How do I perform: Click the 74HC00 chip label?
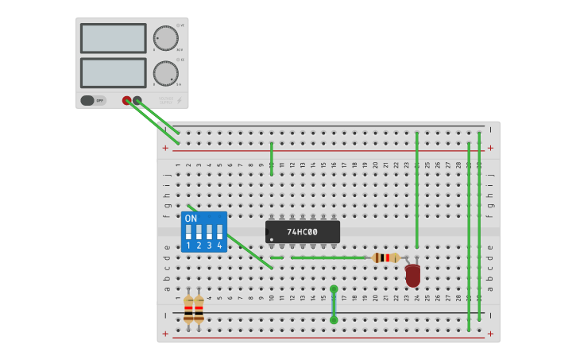[x=302, y=232]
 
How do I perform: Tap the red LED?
[x=412, y=275]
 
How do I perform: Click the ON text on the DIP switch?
[x=191, y=219]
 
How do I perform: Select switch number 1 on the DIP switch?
[x=188, y=232]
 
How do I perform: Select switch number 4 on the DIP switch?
[x=219, y=232]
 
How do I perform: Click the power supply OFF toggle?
[x=93, y=100]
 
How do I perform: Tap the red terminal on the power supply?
[x=126, y=100]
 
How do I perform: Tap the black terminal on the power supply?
[x=137, y=100]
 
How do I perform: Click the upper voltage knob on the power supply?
[x=165, y=38]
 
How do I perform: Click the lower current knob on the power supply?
[x=165, y=73]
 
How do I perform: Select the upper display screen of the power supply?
[x=113, y=38]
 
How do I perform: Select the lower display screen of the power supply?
[x=113, y=72]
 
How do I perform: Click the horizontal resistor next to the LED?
[x=385, y=257]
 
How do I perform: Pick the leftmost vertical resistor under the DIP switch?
[x=188, y=308]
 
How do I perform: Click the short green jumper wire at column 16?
[x=334, y=304]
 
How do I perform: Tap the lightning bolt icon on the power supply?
[x=179, y=101]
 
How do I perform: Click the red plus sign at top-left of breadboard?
[x=165, y=148]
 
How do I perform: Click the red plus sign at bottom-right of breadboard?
[x=490, y=334]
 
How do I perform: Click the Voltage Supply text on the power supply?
[x=164, y=100]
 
